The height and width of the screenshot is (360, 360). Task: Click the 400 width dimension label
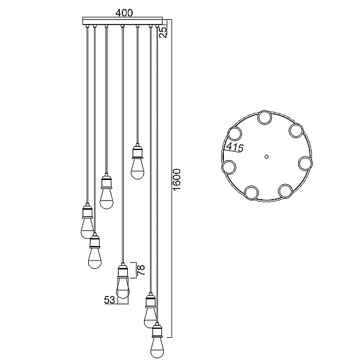click(x=124, y=13)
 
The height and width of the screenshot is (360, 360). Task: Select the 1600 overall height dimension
click(x=177, y=179)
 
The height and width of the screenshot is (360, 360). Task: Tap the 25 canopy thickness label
click(x=163, y=32)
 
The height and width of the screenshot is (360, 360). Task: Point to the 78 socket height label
click(x=141, y=270)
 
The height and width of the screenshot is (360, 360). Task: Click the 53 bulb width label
click(x=110, y=300)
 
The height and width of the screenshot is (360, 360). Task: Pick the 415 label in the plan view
click(x=235, y=148)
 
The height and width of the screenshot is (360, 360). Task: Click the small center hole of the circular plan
click(x=266, y=157)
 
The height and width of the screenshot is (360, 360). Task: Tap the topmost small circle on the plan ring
click(x=265, y=118)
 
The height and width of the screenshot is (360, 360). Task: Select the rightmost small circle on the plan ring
click(x=305, y=163)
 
